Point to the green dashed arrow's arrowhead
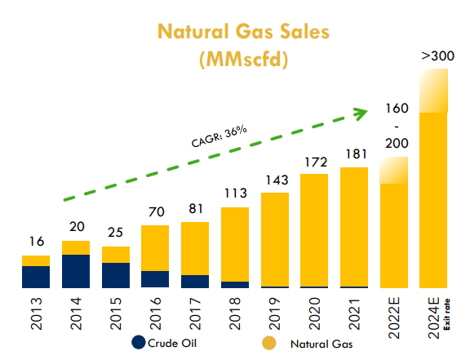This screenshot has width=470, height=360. click(358, 112)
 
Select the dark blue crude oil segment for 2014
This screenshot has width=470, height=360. click(76, 271)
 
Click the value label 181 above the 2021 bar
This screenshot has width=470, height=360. click(355, 153)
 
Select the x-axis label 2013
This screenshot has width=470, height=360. click(37, 314)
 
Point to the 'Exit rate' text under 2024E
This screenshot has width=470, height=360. click(446, 318)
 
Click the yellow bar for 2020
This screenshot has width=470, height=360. click(315, 230)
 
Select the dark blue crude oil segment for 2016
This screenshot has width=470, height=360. click(155, 279)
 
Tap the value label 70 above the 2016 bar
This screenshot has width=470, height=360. click(155, 211)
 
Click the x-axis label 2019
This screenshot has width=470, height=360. click(275, 314)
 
